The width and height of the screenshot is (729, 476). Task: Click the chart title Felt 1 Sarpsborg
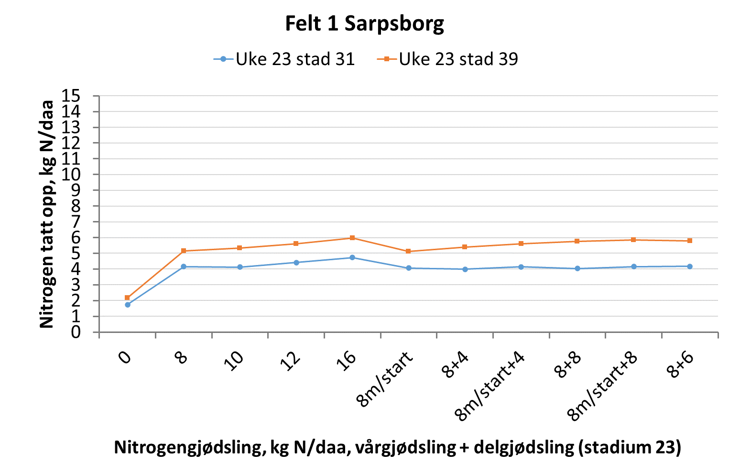click(x=364, y=23)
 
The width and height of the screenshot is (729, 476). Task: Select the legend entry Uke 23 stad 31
click(x=284, y=59)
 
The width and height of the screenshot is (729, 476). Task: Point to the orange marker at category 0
click(x=127, y=298)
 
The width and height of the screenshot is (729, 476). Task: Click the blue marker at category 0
click(x=128, y=305)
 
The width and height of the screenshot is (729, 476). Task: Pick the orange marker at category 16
click(x=352, y=238)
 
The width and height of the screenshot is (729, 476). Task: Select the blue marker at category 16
click(x=352, y=257)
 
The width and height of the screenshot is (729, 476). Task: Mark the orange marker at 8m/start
click(x=408, y=251)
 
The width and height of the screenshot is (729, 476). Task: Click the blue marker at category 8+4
click(x=465, y=269)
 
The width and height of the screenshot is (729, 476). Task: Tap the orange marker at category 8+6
click(x=690, y=241)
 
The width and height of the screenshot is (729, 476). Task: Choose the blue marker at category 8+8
click(x=577, y=268)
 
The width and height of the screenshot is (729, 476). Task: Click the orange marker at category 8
click(x=184, y=251)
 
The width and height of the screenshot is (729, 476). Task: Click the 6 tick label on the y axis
click(x=76, y=238)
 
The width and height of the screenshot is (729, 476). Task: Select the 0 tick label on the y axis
click(x=76, y=332)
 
